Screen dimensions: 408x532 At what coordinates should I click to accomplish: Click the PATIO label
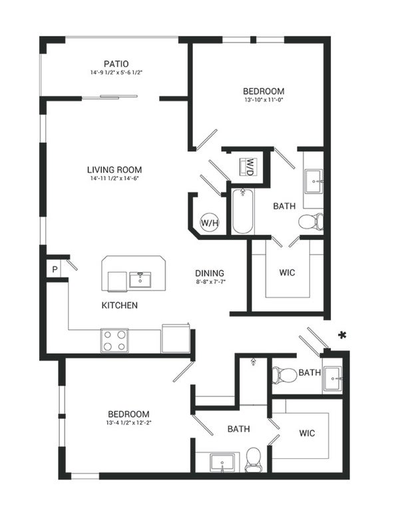point(116,64)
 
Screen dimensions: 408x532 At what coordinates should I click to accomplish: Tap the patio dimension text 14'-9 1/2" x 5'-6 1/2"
point(116,72)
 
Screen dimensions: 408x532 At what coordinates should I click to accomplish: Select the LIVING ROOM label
point(114,170)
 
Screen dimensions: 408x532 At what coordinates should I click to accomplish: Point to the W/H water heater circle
point(210,223)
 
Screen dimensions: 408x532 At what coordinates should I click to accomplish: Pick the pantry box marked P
point(55,270)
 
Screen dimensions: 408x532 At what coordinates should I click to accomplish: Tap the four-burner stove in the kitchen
point(114,340)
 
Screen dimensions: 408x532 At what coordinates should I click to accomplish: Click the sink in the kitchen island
point(140,279)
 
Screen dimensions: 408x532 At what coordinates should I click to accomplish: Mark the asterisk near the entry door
point(342,335)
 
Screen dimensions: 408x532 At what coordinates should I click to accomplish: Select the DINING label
point(210,273)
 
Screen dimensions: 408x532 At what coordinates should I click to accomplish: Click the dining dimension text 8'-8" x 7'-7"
point(211,281)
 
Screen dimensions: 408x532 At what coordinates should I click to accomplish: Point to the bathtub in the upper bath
point(242,211)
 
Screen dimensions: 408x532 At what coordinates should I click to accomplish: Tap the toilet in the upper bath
point(311,222)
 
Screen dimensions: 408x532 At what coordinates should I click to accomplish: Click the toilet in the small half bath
point(284,375)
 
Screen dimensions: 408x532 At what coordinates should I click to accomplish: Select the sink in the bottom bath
point(222,462)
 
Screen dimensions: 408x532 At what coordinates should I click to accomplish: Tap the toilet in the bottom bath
point(253,460)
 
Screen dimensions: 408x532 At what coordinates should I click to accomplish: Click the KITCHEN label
point(120,305)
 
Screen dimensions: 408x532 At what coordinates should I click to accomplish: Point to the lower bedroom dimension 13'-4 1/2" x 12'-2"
point(128,423)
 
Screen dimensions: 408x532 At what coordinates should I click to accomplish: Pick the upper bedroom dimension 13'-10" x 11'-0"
point(264,100)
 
